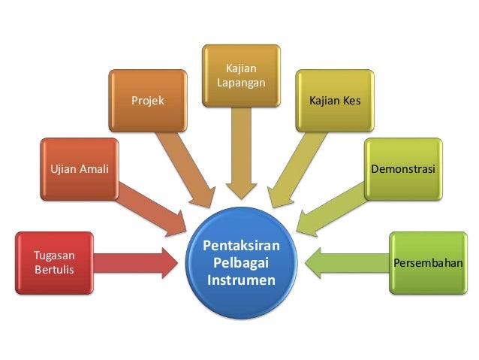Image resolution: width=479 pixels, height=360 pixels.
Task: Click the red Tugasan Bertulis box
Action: click(53, 262)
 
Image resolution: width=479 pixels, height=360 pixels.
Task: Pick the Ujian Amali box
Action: click(79, 168)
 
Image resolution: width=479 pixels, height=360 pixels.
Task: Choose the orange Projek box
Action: click(148, 100)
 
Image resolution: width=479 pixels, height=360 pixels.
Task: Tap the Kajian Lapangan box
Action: click(241, 75)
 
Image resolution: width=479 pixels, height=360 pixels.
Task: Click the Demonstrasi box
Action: click(403, 168)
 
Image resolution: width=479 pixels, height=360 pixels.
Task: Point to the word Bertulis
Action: click(53, 269)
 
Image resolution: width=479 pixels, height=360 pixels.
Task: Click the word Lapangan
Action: click(241, 82)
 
